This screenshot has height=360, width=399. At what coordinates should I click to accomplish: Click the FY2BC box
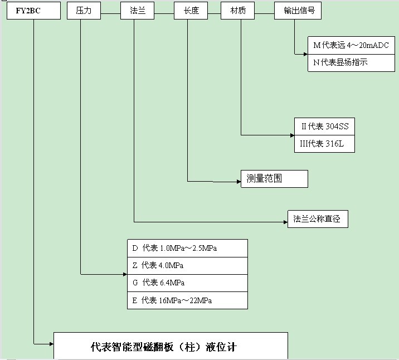click(33, 11)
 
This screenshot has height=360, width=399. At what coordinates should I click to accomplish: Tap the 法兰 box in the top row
click(137, 11)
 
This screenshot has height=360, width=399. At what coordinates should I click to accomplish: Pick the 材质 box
click(238, 11)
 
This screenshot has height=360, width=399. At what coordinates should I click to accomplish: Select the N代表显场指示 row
click(352, 62)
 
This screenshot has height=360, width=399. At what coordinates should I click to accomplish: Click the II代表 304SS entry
click(324, 126)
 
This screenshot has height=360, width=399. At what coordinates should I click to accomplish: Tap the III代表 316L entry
click(324, 143)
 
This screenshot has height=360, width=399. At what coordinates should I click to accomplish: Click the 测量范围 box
click(274, 179)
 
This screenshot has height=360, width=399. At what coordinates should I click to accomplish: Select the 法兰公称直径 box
click(318, 219)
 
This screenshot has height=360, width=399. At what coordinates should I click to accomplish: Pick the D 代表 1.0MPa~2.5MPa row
click(187, 248)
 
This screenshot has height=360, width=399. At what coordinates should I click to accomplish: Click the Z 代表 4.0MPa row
click(187, 265)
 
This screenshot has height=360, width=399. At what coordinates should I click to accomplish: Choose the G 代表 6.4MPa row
click(187, 283)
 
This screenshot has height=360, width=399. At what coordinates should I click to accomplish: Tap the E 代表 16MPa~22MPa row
click(187, 300)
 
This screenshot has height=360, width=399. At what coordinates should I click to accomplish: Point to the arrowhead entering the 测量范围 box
click(237, 181)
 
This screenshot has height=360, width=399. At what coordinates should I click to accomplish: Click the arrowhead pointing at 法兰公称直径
click(284, 221)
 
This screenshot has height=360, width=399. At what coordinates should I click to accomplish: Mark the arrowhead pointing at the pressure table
click(124, 274)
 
